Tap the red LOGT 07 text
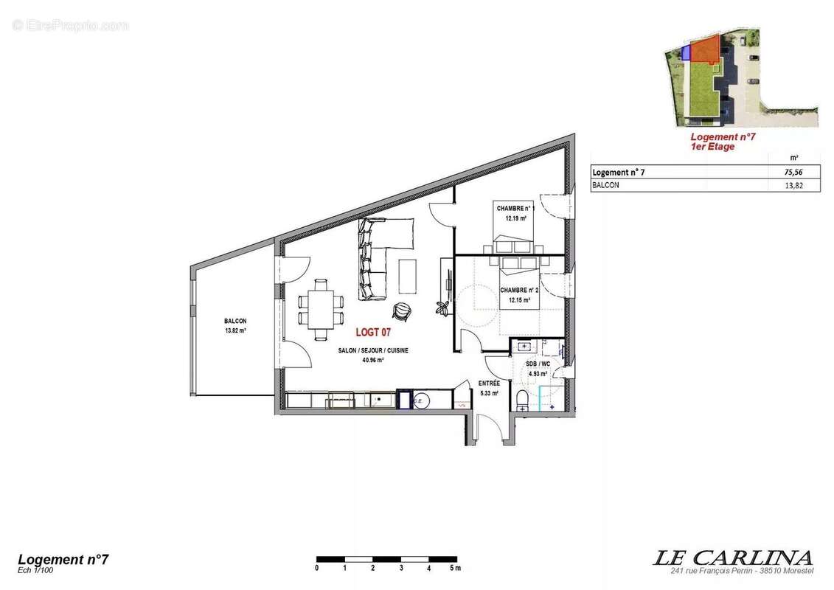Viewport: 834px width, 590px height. [x=373, y=333]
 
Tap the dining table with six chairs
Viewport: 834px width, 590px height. [x=321, y=309]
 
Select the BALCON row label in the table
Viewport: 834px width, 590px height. [x=606, y=186]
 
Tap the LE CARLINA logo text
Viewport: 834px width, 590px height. [x=732, y=558]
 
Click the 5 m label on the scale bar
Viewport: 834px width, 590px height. [x=455, y=568]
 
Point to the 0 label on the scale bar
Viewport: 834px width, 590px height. [x=317, y=568]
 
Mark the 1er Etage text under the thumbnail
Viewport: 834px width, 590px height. [x=712, y=147]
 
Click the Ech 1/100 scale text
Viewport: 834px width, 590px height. [x=35, y=569]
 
